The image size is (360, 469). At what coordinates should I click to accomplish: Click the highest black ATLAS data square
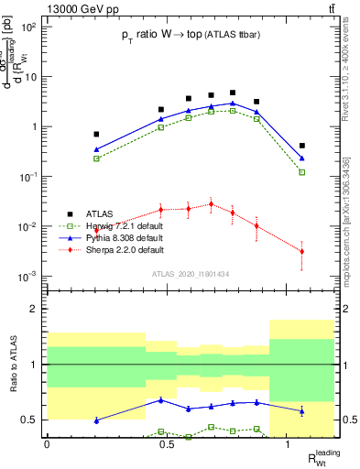(233, 93)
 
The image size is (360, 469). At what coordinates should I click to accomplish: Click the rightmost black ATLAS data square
(302, 146)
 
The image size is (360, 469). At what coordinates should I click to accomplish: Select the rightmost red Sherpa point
(302, 251)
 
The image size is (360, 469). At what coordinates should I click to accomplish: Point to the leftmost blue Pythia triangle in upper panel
(96, 149)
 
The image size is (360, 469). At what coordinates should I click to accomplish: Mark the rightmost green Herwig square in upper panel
(302, 172)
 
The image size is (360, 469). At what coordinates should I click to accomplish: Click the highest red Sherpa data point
(211, 204)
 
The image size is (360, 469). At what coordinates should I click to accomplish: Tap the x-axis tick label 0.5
(167, 443)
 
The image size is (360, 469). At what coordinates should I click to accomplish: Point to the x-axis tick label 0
(47, 443)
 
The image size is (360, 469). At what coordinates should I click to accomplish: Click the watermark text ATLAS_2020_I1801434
(191, 274)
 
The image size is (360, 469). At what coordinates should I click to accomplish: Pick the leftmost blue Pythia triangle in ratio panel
(96, 420)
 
